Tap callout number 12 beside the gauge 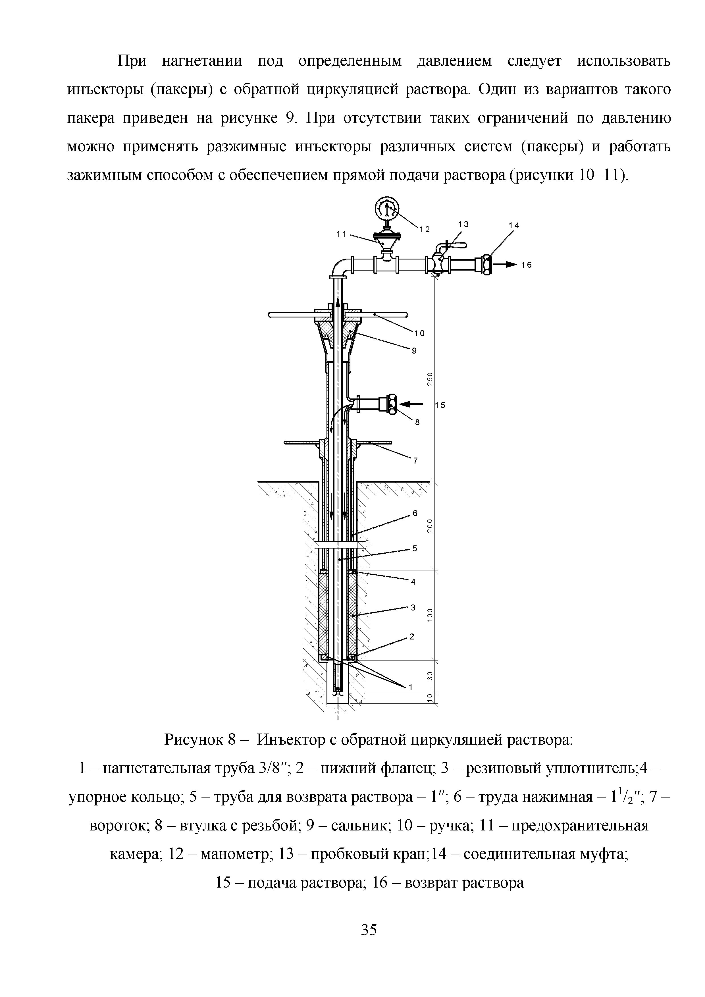[425, 230]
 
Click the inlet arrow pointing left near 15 [410, 404]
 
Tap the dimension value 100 [430, 615]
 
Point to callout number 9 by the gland [414, 351]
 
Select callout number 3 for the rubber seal [413, 607]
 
